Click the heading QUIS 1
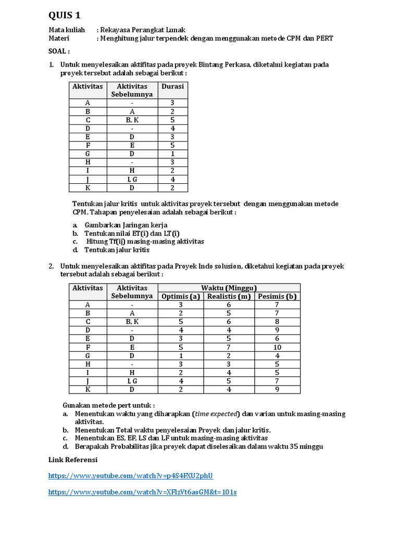(x=65, y=15)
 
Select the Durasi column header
(x=172, y=86)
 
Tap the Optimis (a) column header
(x=180, y=297)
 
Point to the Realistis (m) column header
(x=229, y=297)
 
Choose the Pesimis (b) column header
(x=277, y=297)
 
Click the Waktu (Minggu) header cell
(x=229, y=288)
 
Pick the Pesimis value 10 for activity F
(x=277, y=347)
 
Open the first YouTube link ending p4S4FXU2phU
(x=131, y=476)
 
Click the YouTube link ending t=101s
(x=142, y=492)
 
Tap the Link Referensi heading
(x=72, y=460)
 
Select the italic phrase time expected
(x=216, y=414)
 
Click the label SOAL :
(x=59, y=52)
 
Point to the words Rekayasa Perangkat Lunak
(x=142, y=30)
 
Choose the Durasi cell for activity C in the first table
(x=172, y=120)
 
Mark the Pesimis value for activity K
(x=277, y=389)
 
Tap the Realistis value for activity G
(x=229, y=356)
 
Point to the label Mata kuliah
(x=66, y=30)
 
